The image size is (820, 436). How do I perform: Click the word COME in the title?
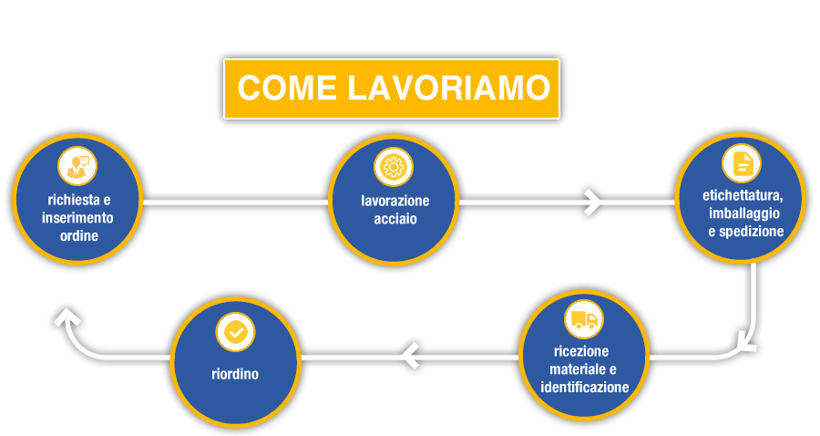click(x=287, y=88)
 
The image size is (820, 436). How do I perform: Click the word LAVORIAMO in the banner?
click(x=448, y=88)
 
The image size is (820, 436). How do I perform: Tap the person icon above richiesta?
click(x=77, y=166)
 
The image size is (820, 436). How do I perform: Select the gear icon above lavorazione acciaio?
click(x=394, y=167)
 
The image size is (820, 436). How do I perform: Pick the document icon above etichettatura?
click(x=741, y=163)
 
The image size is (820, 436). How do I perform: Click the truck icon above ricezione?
click(x=584, y=319)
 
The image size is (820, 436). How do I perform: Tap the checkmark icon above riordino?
click(x=235, y=332)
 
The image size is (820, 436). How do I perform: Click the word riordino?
click(x=235, y=374)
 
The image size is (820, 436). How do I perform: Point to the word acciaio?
click(x=395, y=219)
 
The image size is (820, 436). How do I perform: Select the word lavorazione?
click(x=395, y=201)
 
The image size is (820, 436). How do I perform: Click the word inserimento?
click(x=77, y=218)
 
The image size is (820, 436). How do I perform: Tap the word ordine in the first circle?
click(x=79, y=235)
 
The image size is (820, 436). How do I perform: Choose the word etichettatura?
click(x=742, y=196)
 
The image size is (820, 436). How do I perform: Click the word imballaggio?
click(x=744, y=213)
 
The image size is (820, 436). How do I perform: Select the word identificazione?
click(x=584, y=388)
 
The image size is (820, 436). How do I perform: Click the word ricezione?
click(x=581, y=351)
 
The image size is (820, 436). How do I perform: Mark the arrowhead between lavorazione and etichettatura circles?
click(x=593, y=202)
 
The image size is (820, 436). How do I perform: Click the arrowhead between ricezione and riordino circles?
click(x=411, y=356)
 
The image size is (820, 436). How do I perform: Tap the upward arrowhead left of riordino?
click(x=67, y=317)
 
